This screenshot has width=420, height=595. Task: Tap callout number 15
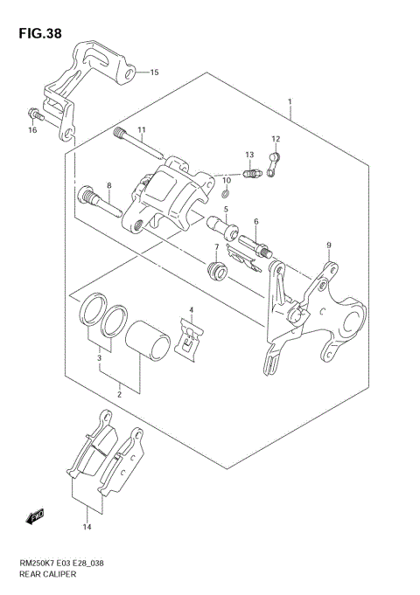tap(154, 73)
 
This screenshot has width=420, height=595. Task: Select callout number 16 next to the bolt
tap(32, 130)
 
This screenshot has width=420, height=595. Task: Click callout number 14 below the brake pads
tap(87, 526)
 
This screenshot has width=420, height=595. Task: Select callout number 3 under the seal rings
tap(100, 357)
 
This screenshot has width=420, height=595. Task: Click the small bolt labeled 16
tap(33, 113)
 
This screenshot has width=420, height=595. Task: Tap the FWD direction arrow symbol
tap(35, 518)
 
